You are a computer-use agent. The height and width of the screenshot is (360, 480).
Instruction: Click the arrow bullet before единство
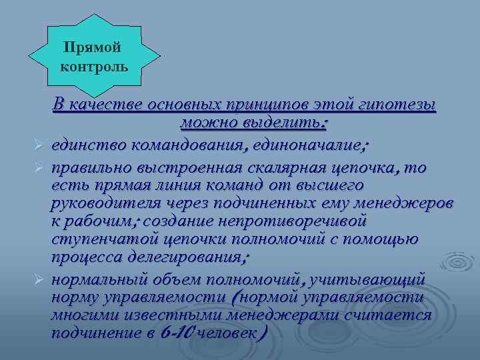[x=39, y=146]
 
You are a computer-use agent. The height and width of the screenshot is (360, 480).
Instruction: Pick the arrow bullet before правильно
[x=39, y=165]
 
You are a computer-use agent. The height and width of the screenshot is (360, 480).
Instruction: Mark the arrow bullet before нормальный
[x=39, y=279]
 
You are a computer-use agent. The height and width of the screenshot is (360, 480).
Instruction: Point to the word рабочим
[x=100, y=221]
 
